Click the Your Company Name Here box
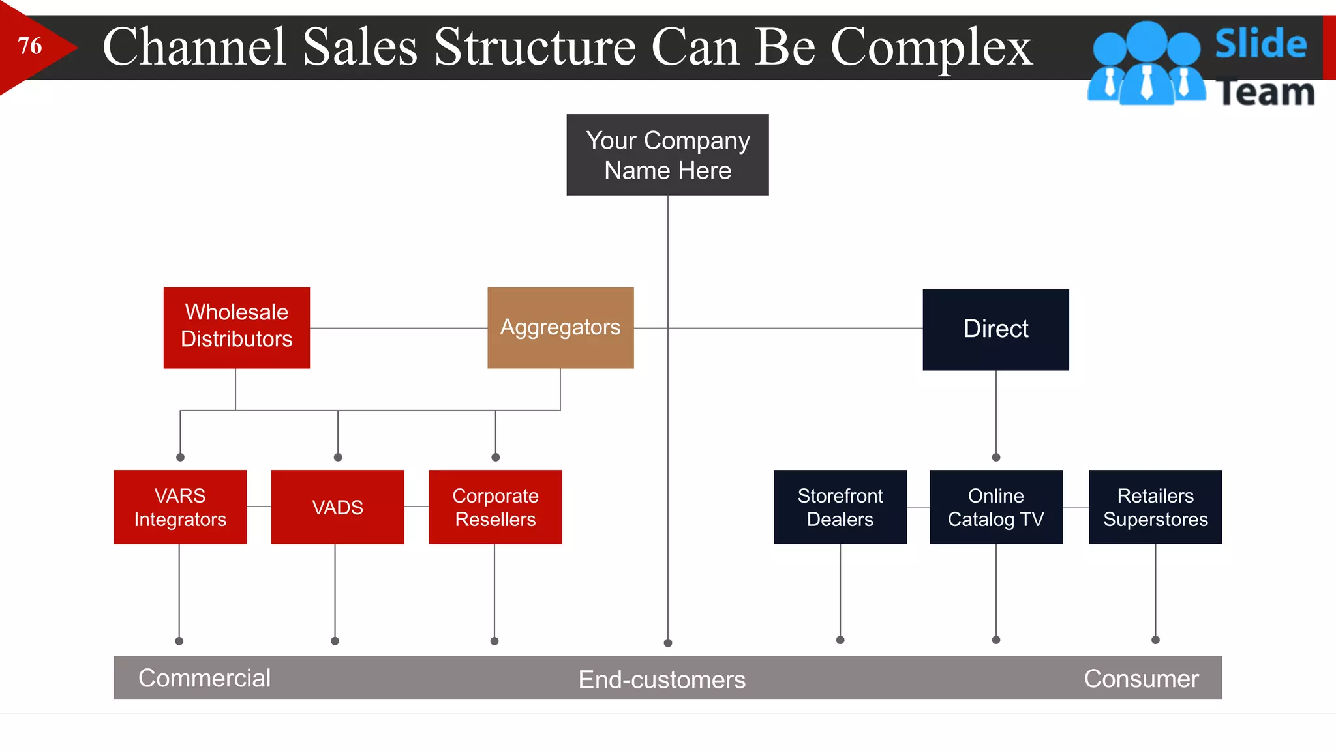667,155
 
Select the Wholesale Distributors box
236,327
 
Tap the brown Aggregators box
560,327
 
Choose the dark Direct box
995,329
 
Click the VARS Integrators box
180,507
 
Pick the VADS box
337,507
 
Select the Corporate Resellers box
495,507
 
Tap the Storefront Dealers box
840,507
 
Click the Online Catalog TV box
995,507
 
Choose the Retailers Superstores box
1155,507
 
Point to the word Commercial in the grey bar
204,678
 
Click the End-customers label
661,679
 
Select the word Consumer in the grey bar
1141,679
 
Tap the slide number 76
30,46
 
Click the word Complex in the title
931,48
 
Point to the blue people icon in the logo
1146,64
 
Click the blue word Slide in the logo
1260,44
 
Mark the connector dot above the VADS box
338,457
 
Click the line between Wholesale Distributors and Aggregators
398,328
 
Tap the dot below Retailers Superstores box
1155,640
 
